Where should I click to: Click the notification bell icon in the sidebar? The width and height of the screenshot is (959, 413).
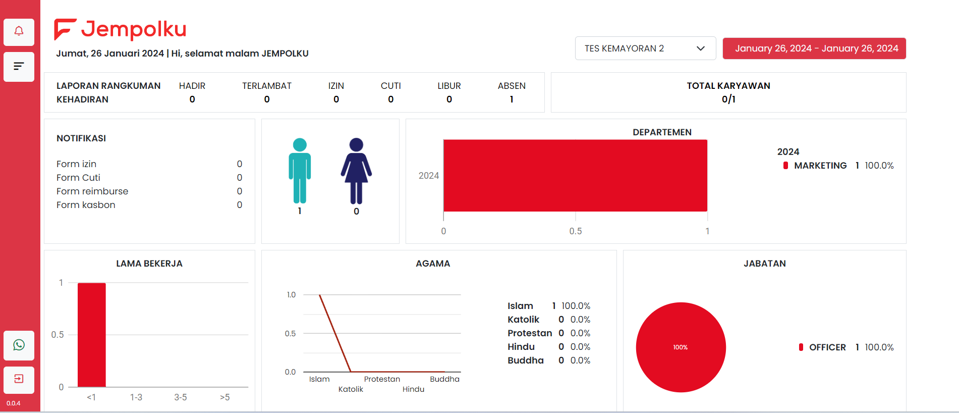[19, 32]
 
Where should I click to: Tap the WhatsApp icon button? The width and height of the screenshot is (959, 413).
[19, 345]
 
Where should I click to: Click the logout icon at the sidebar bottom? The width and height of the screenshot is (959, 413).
[19, 379]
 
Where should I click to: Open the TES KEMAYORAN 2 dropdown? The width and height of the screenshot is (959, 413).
[645, 48]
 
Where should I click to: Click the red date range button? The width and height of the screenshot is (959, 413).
[814, 48]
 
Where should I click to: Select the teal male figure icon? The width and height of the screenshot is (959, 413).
[300, 171]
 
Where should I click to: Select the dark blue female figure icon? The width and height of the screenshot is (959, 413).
[356, 171]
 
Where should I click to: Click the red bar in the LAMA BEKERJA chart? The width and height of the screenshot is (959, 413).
[92, 335]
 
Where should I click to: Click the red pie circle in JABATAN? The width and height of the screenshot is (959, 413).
[681, 347]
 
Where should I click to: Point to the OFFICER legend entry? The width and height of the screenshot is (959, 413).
[827, 347]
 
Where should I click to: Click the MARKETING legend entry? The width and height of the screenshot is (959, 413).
[820, 166]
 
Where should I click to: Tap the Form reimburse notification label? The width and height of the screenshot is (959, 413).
[92, 191]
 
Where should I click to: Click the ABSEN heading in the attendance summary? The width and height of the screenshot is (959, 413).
[512, 86]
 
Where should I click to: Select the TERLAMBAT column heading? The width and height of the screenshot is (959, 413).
[267, 86]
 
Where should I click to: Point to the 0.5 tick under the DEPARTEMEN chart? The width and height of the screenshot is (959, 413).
[576, 231]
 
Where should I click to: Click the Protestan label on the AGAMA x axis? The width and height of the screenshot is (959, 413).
[382, 379]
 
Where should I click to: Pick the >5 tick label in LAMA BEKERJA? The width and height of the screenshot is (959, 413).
[225, 397]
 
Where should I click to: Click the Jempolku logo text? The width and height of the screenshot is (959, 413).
[134, 29]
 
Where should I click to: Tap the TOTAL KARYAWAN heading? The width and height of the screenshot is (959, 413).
[728, 86]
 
